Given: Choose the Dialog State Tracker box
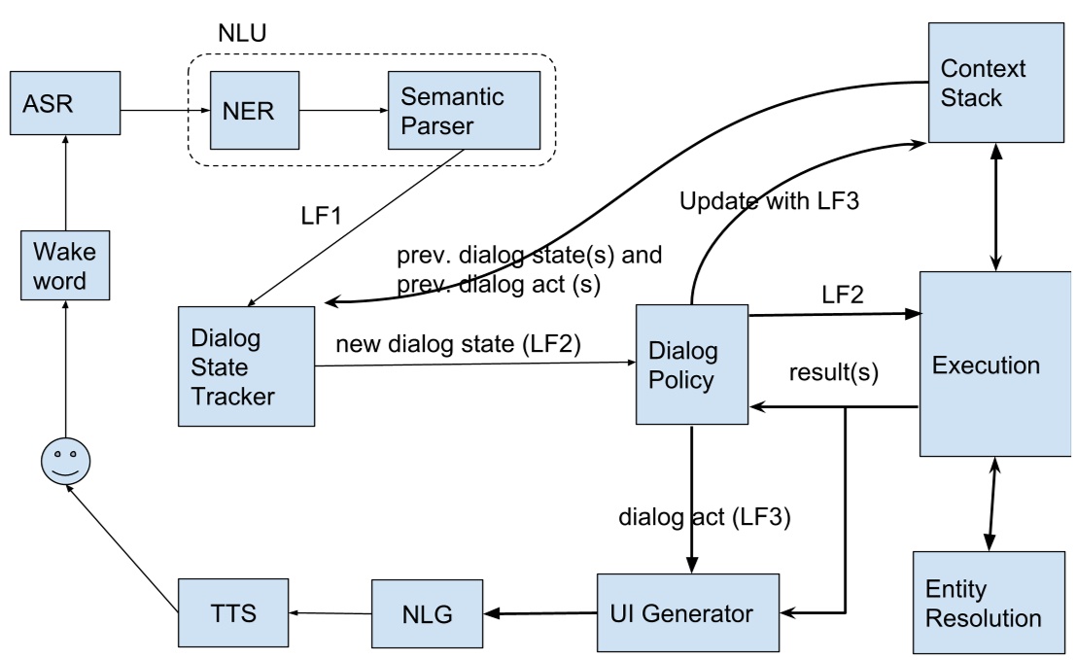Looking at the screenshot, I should pos(246,365).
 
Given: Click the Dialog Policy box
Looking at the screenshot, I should pos(691,364).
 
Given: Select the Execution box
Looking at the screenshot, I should pos(986,365).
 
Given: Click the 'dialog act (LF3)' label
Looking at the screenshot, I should pos(705,514).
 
